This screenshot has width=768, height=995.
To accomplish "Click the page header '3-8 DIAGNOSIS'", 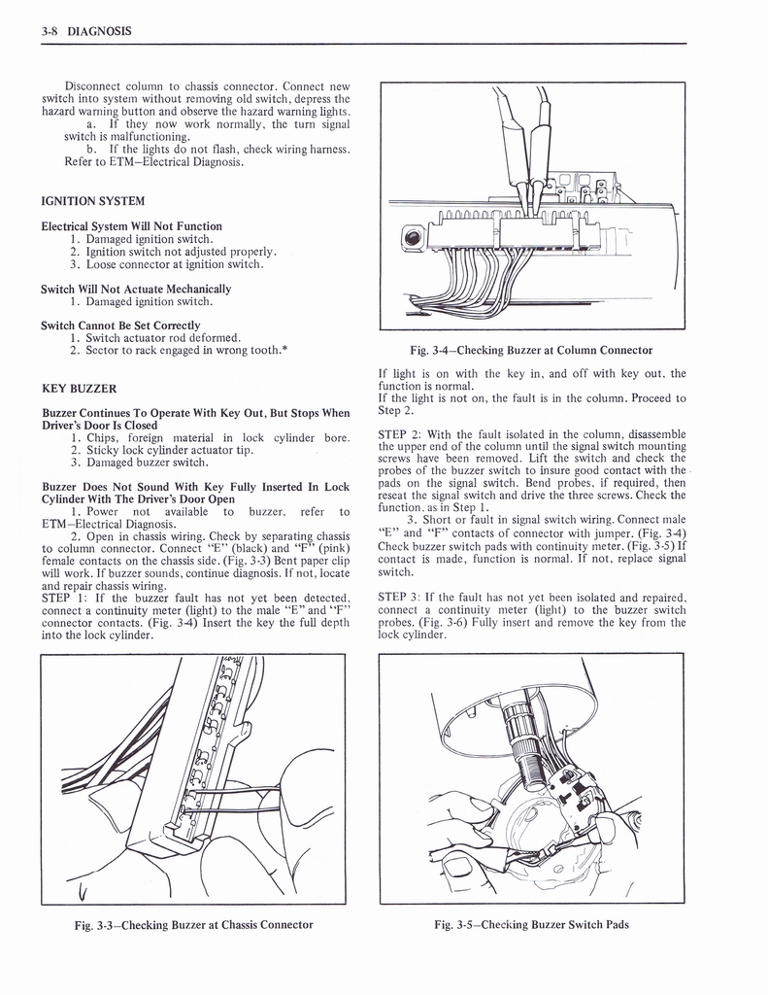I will pos(86,31).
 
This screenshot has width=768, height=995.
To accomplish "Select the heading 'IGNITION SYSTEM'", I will pos(93,201).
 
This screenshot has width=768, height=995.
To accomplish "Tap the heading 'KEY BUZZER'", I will pos(79,389).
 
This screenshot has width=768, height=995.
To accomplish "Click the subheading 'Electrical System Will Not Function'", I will pos(131,226).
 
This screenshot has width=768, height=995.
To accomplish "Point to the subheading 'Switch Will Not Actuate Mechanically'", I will pos(136,289).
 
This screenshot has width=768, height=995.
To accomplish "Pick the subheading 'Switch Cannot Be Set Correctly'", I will pos(120,326).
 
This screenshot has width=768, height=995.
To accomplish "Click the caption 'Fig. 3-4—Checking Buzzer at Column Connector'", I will pos(530,350).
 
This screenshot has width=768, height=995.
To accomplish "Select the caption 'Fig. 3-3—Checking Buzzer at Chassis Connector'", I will pos(193,924).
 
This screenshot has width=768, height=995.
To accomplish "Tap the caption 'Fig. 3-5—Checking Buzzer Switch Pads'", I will pos(530,924).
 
